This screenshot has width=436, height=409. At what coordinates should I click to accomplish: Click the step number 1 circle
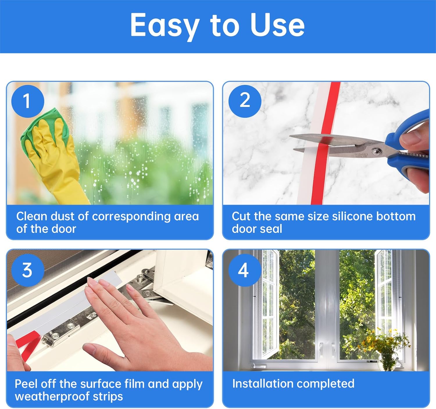click(x=28, y=101)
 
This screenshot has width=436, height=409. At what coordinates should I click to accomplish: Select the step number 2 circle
click(x=245, y=101)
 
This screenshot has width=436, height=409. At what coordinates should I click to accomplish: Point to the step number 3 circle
click(x=28, y=270)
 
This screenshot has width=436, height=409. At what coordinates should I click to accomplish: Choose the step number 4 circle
click(x=245, y=270)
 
